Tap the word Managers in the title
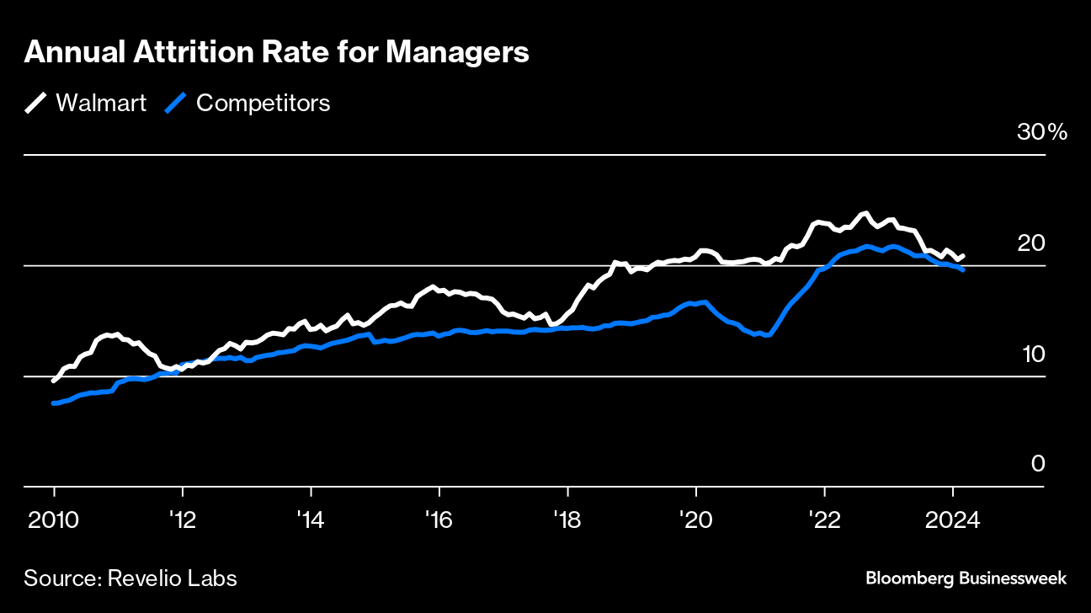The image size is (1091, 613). pyautogui.click(x=457, y=52)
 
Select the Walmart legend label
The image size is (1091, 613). pyautogui.click(x=101, y=103)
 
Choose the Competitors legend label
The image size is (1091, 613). pyautogui.click(x=263, y=103)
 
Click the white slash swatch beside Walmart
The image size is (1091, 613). pyautogui.click(x=36, y=103)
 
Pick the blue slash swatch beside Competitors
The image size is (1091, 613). pyautogui.click(x=176, y=103)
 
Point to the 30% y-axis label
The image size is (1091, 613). pyautogui.click(x=1041, y=132)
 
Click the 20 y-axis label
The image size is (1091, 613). pyautogui.click(x=1033, y=243)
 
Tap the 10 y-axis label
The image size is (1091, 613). pyautogui.click(x=1033, y=354)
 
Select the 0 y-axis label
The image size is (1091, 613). pyautogui.click(x=1038, y=464)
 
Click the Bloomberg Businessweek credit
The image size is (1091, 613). pyautogui.click(x=966, y=578)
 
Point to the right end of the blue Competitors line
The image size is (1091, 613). pyautogui.click(x=962, y=269)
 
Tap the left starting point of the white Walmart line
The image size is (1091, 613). pyautogui.click(x=54, y=381)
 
